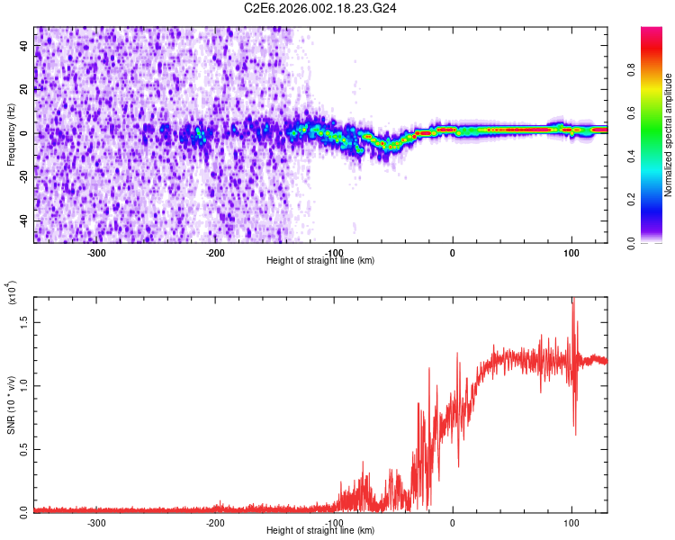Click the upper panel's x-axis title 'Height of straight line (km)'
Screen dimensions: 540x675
(x=321, y=260)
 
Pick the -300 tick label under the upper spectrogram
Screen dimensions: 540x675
(x=97, y=252)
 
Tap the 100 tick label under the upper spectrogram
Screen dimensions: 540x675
(x=571, y=252)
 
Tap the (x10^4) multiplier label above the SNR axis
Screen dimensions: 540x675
(x=12, y=293)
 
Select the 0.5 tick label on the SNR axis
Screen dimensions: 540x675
(x=22, y=449)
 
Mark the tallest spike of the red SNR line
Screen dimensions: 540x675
(x=573, y=301)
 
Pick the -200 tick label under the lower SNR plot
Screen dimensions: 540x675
(x=216, y=522)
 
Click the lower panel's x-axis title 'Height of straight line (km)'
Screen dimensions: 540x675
(x=321, y=530)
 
